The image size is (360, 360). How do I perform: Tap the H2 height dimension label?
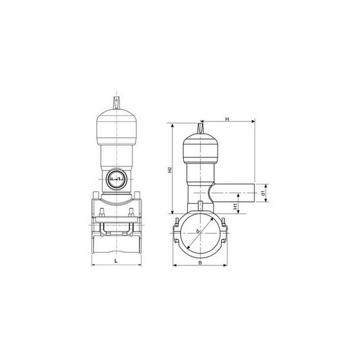coord(168,170)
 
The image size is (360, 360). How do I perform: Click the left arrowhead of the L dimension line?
coord(94,265)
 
